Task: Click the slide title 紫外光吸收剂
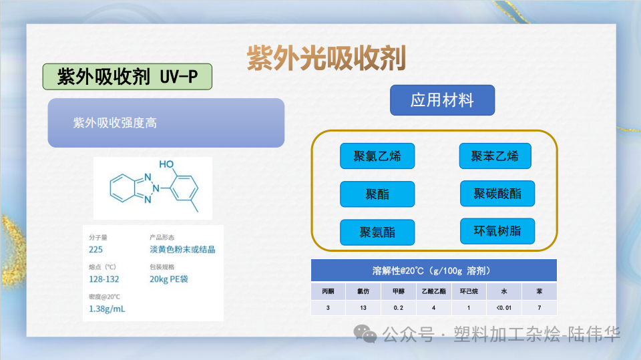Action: (327, 58)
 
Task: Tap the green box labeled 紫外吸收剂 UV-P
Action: (128, 77)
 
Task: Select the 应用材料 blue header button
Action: (442, 100)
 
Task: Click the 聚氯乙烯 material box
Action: (377, 156)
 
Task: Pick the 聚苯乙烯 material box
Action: (495, 156)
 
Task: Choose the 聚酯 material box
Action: (377, 194)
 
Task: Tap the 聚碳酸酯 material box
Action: (497, 194)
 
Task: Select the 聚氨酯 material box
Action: (377, 232)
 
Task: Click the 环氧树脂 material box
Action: (497, 231)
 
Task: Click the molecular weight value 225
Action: (96, 250)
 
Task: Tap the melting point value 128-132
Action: (103, 279)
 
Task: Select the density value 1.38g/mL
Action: (107, 309)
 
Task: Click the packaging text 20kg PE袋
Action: (169, 279)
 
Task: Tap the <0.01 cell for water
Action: (503, 308)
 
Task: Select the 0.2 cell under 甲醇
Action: (399, 308)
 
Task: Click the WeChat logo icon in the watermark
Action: (366, 333)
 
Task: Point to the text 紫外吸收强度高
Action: (115, 123)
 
